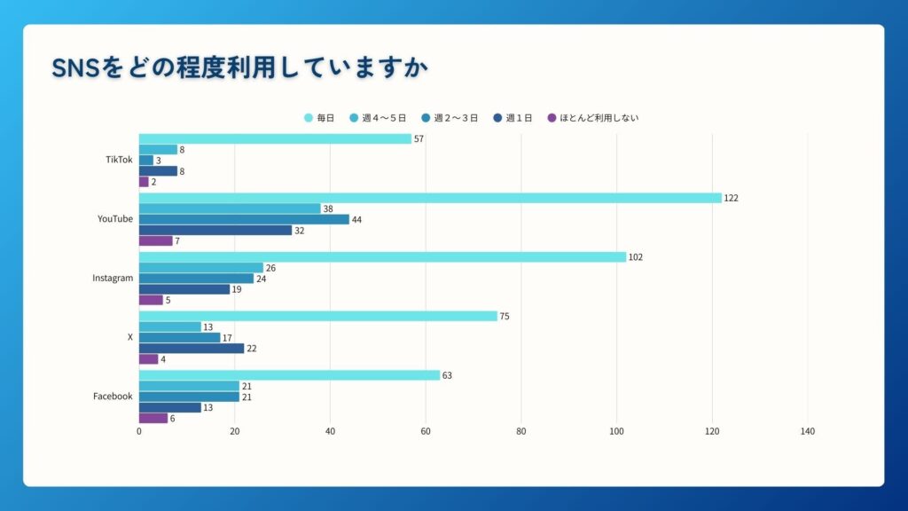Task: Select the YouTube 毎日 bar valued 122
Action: click(430, 198)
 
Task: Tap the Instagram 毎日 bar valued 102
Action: click(382, 257)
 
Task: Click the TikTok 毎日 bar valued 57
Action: click(275, 139)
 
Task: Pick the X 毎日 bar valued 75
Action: click(318, 316)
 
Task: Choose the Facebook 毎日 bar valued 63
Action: click(289, 375)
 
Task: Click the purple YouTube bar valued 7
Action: click(155, 240)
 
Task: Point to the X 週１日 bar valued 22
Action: click(192, 348)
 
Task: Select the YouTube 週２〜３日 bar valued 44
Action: click(244, 219)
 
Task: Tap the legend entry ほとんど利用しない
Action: click(593, 117)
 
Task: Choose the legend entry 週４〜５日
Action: click(382, 117)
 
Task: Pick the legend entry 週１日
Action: click(513, 117)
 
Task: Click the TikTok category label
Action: click(119, 160)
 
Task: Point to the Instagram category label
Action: click(113, 278)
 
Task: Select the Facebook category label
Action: click(113, 396)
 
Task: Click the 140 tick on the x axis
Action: click(807, 432)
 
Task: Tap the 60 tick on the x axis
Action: click(426, 432)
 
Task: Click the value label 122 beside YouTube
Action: click(731, 198)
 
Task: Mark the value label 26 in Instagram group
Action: click(270, 268)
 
